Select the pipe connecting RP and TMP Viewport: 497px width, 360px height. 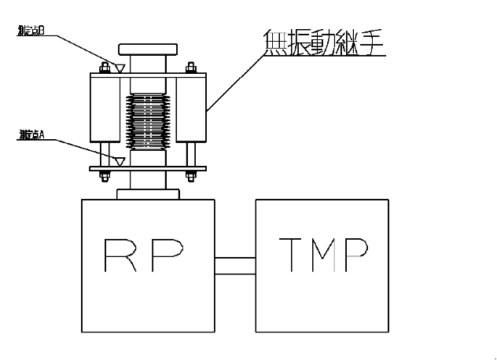(235, 265)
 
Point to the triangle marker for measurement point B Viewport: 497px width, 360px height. (119, 68)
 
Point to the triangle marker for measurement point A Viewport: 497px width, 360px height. (119, 160)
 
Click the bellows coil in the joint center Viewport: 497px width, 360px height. (147, 121)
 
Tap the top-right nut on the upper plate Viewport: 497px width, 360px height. (190, 68)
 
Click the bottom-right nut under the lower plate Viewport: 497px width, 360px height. (190, 175)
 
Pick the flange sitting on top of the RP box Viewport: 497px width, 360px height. (147, 193)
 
